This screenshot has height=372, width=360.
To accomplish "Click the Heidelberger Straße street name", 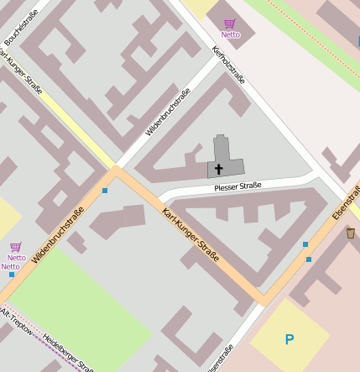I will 67,348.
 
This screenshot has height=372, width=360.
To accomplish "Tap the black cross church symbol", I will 219,169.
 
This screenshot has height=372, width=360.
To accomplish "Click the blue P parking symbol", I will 290,340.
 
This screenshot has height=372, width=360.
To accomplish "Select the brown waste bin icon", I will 350,233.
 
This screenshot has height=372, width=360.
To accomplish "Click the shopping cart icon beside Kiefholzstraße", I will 230,24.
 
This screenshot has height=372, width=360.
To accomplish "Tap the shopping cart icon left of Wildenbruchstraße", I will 15,247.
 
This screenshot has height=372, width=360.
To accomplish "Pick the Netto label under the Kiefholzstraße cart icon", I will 230,34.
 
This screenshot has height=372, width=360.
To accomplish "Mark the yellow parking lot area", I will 290,336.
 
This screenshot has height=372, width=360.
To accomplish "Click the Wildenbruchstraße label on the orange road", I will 58,235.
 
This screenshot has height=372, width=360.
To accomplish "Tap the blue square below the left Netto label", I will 12,275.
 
